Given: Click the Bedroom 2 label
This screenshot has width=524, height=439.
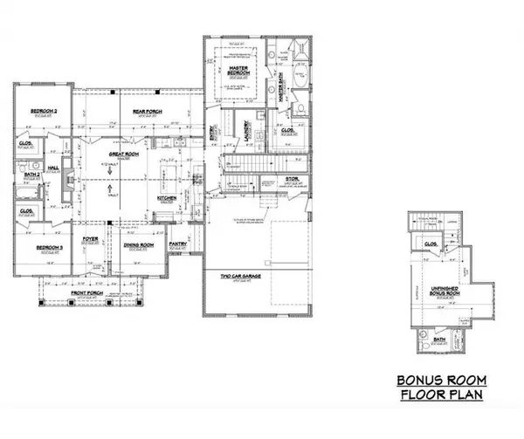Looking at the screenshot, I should click(44, 112).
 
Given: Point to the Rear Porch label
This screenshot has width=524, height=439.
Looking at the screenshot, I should click(144, 112).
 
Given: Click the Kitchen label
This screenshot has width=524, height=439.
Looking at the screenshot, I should click(168, 198).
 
